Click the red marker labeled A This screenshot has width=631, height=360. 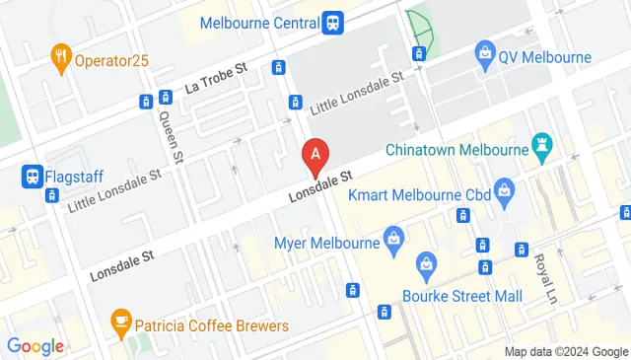point(315,155)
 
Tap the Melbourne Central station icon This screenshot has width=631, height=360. point(333,22)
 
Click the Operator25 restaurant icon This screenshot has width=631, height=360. point(61,58)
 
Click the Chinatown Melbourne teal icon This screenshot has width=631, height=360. point(540,149)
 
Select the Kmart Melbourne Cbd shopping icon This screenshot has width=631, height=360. point(504,188)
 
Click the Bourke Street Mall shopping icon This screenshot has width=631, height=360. point(426,263)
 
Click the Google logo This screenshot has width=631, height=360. point(35,345)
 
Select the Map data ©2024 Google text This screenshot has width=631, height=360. point(565,351)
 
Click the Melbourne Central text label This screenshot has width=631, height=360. point(258,22)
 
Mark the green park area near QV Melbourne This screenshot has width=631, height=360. point(421,31)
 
